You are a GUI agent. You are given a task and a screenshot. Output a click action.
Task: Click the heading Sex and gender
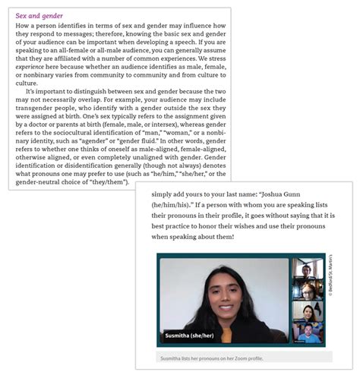39,15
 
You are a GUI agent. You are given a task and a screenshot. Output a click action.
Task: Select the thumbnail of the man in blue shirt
308,333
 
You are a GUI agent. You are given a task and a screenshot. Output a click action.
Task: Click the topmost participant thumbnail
308,269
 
